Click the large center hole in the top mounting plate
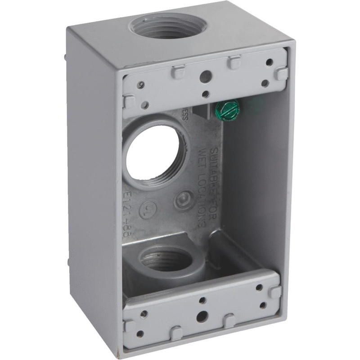click(205, 76)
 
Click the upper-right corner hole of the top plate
click(269, 63)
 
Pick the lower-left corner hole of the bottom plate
click(141, 333)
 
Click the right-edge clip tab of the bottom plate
click(274, 292)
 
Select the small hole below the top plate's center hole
click(205, 94)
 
